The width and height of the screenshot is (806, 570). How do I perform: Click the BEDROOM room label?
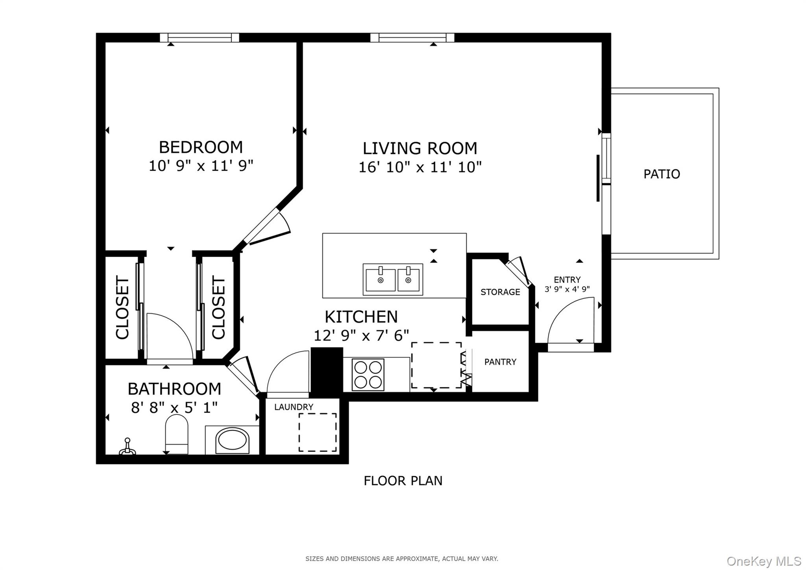click(x=201, y=147)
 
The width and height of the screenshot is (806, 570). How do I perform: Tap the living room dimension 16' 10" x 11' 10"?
click(x=420, y=167)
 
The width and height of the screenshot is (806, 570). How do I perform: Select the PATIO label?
click(x=662, y=174)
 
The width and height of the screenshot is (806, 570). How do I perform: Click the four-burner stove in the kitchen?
click(x=368, y=374)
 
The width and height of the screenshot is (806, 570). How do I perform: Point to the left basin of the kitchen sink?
click(x=380, y=279)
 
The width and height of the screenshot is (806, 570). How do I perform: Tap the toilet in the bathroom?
click(x=177, y=435)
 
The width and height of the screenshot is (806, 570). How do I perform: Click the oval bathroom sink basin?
click(x=233, y=440)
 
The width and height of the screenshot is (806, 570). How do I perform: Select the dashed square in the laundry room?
click(x=317, y=432)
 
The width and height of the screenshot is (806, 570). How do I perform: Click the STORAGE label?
click(x=500, y=292)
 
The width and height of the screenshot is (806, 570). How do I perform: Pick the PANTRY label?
click(x=500, y=362)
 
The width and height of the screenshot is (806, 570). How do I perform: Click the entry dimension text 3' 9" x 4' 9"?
click(x=567, y=289)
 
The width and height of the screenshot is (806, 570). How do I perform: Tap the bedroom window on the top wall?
click(x=200, y=37)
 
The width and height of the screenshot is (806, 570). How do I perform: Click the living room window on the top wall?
click(x=412, y=37)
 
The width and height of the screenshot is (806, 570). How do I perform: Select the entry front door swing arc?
click(x=569, y=319)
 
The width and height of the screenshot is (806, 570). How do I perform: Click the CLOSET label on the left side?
click(x=122, y=307)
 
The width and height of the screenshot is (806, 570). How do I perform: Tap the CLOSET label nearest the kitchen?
click(x=219, y=307)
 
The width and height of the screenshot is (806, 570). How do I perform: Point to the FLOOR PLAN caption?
click(x=403, y=481)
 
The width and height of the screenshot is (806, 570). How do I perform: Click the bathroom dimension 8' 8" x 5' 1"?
click(x=174, y=407)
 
